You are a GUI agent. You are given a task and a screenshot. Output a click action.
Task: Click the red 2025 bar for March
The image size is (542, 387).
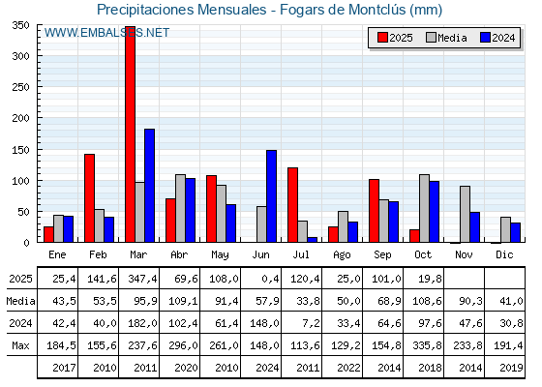(130, 135)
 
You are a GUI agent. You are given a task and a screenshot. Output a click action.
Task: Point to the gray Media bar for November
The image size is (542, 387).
(465, 214)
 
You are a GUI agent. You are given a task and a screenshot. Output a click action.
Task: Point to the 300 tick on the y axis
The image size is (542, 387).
(21, 56)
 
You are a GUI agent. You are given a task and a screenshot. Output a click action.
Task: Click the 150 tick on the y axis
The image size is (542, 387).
(21, 149)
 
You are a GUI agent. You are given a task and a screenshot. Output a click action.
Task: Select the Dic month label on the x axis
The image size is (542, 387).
(505, 253)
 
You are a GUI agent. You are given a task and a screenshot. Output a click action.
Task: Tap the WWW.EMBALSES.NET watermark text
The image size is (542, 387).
(106, 33)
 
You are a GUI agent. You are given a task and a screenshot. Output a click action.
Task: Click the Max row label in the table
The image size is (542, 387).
(19, 345)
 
